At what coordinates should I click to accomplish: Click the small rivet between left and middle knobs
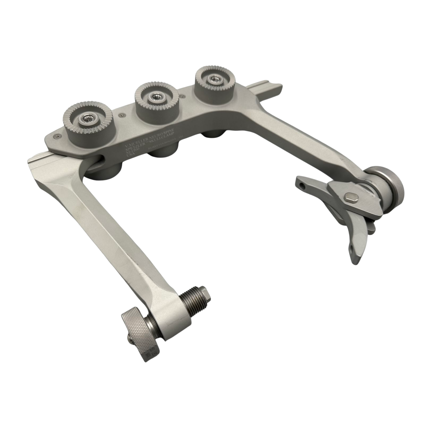coord(122,115)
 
